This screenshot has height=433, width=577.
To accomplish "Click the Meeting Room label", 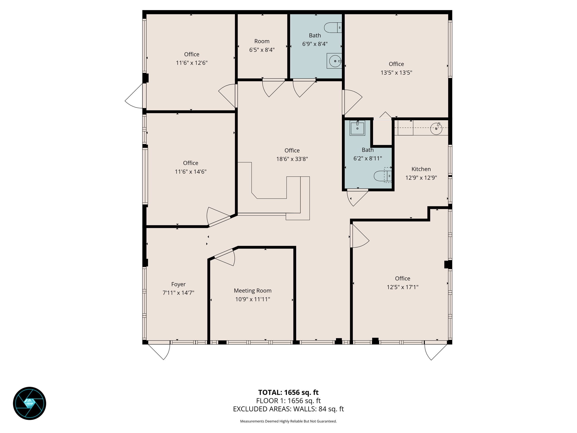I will click(x=252, y=290).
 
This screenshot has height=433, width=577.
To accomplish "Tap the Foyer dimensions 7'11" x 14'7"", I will click(x=179, y=293).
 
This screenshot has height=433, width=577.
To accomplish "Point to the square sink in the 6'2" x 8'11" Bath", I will click(x=357, y=128).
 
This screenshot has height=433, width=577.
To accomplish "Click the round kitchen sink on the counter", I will click(x=436, y=129).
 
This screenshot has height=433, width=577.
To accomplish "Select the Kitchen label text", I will click(x=421, y=169).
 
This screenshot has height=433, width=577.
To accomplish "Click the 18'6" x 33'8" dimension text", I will click(x=292, y=159).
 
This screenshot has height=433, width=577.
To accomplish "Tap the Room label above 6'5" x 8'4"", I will click(x=262, y=41).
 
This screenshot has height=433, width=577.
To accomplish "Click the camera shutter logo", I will click(x=30, y=403).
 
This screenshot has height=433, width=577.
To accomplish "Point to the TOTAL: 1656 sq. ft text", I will click(x=288, y=392).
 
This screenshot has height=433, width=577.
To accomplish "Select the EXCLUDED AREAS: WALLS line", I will click(x=288, y=409).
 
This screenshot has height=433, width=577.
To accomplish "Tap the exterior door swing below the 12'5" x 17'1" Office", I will click(x=433, y=351).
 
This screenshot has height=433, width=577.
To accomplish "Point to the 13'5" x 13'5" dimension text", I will click(x=396, y=73).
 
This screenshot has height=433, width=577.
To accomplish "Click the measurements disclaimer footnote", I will click(x=288, y=421).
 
